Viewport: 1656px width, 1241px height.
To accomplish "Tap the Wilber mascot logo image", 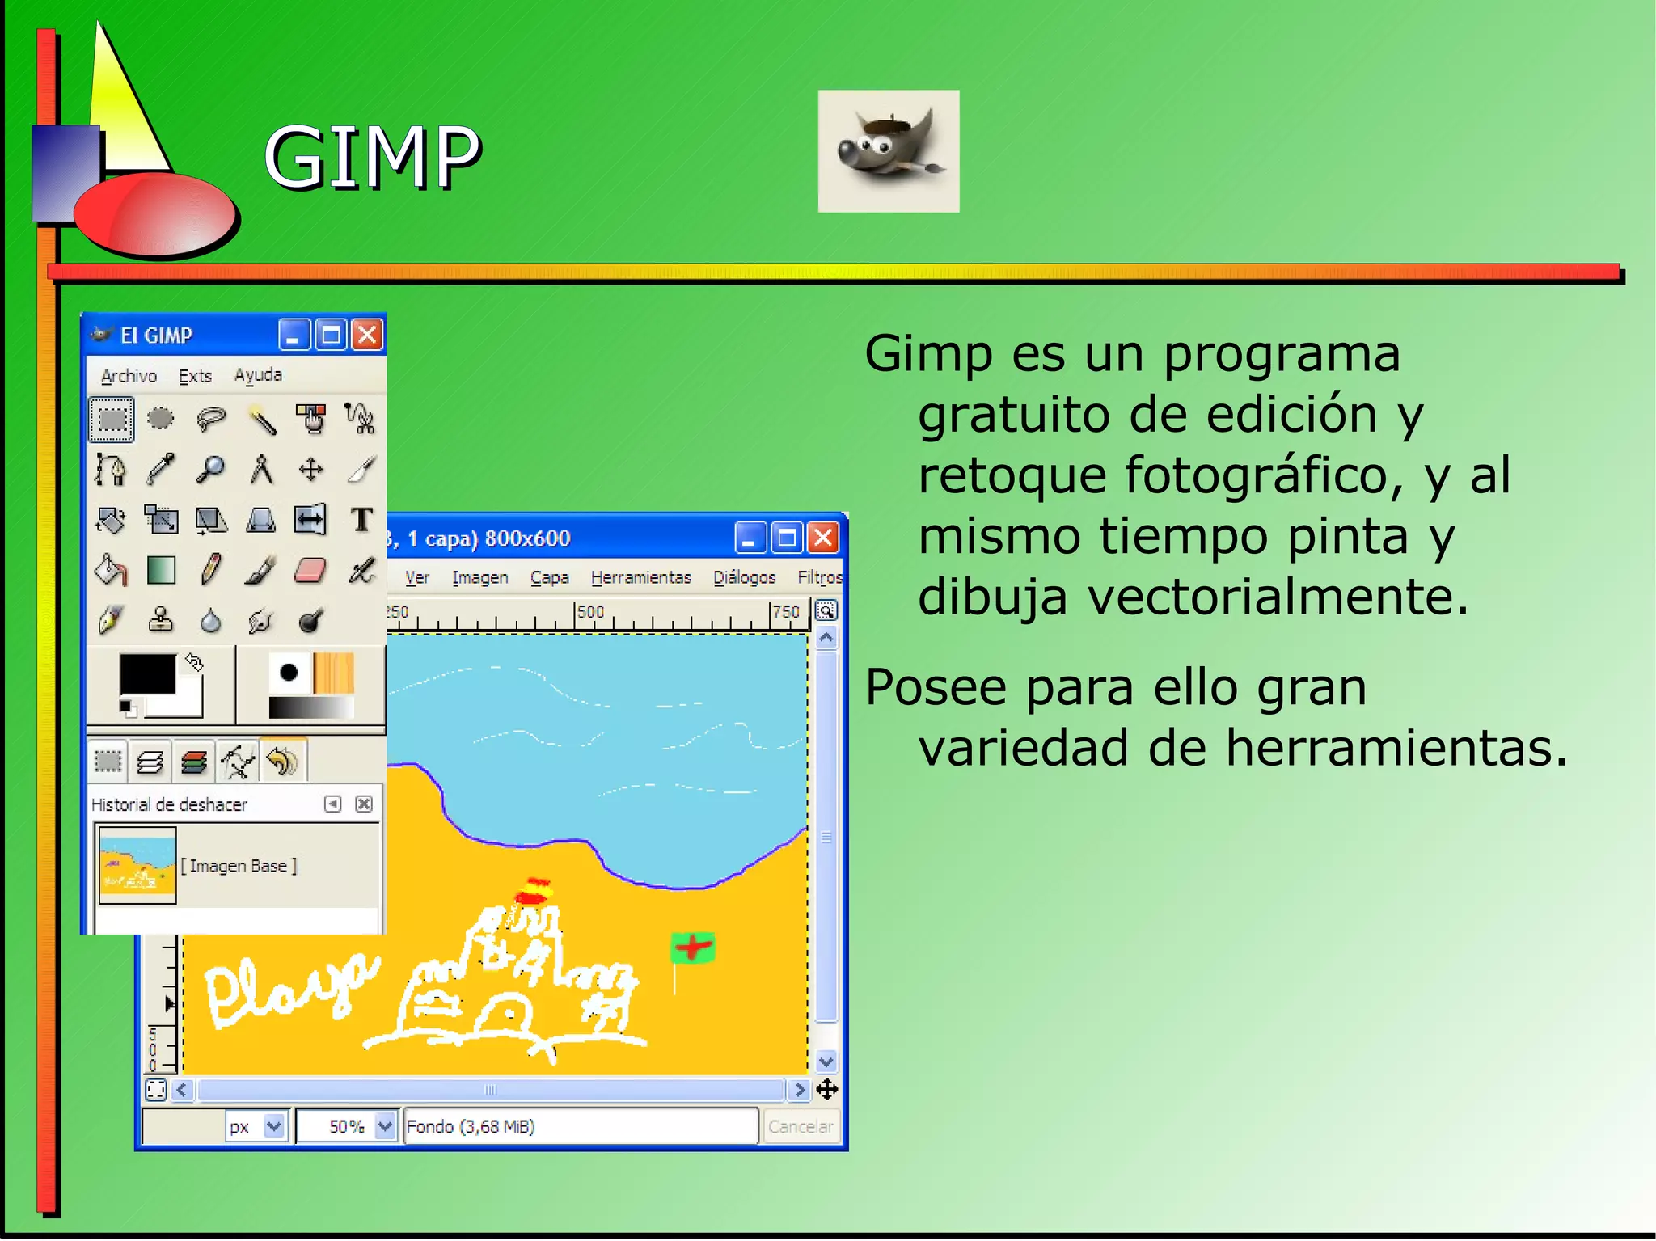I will [x=888, y=151].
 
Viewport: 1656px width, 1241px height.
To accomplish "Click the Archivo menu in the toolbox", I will [x=129, y=376].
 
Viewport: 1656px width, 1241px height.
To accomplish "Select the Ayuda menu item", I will [x=258, y=375].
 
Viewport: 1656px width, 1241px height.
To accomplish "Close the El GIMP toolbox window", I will [x=367, y=335].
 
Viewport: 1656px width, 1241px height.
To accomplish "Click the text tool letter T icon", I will [x=361, y=520].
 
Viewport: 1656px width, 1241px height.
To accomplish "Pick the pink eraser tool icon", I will [x=310, y=571].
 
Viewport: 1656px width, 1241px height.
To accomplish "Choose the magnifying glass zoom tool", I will [x=210, y=470].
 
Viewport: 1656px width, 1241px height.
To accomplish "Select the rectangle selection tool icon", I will [x=112, y=419].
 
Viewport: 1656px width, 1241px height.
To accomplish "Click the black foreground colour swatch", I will [x=147, y=673].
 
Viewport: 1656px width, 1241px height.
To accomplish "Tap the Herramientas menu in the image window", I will [x=640, y=577].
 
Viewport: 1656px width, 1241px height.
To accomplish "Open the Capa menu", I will [x=549, y=577].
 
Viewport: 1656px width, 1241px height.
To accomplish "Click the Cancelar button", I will [x=800, y=1126].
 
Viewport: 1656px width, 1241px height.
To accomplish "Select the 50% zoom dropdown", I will [x=347, y=1126].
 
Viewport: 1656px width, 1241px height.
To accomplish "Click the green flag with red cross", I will [x=692, y=948].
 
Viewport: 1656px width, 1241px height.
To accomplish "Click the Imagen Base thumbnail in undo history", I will [x=137, y=865].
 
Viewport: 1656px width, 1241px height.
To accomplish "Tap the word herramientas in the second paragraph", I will [x=1396, y=748].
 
